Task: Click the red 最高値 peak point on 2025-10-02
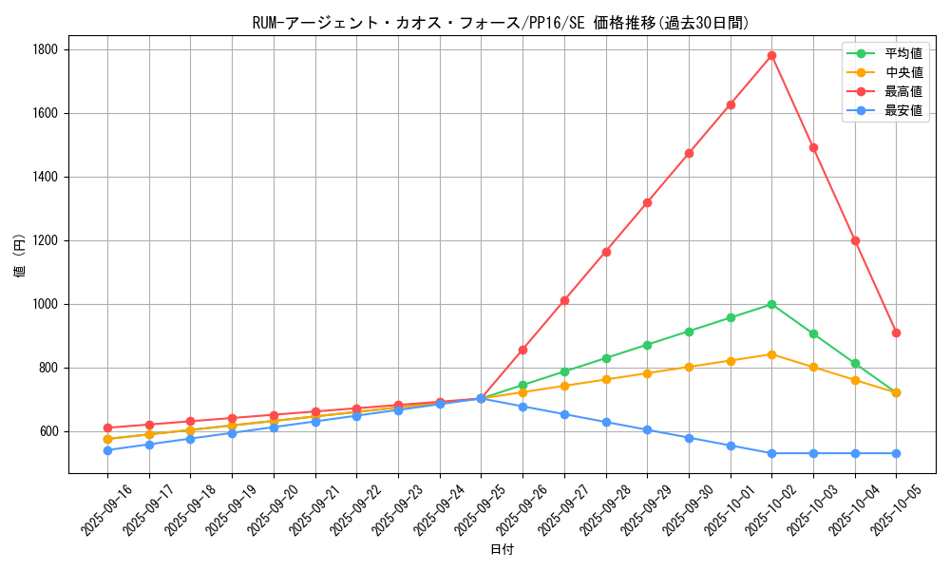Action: [x=771, y=55]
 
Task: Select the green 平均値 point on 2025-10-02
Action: [x=771, y=304]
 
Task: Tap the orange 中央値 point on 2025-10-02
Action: [x=771, y=354]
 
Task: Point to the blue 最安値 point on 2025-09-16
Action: [x=107, y=450]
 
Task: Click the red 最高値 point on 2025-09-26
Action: [x=522, y=350]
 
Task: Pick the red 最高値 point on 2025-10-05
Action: [x=896, y=332]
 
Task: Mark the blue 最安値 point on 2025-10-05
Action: [x=896, y=453]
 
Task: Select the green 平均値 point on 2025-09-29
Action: [x=647, y=345]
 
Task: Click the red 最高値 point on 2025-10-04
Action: [x=855, y=240]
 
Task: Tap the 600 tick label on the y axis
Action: [x=49, y=431]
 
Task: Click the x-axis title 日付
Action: [x=502, y=550]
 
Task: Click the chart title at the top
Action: [x=502, y=24]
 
